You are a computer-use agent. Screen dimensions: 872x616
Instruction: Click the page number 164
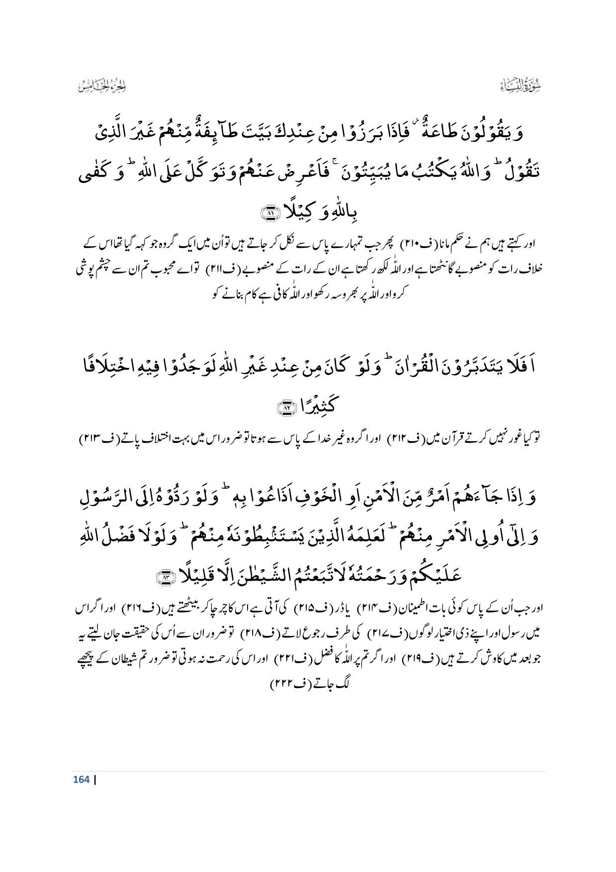(81, 779)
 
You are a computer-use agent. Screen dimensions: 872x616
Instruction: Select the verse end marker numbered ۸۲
(286, 408)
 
